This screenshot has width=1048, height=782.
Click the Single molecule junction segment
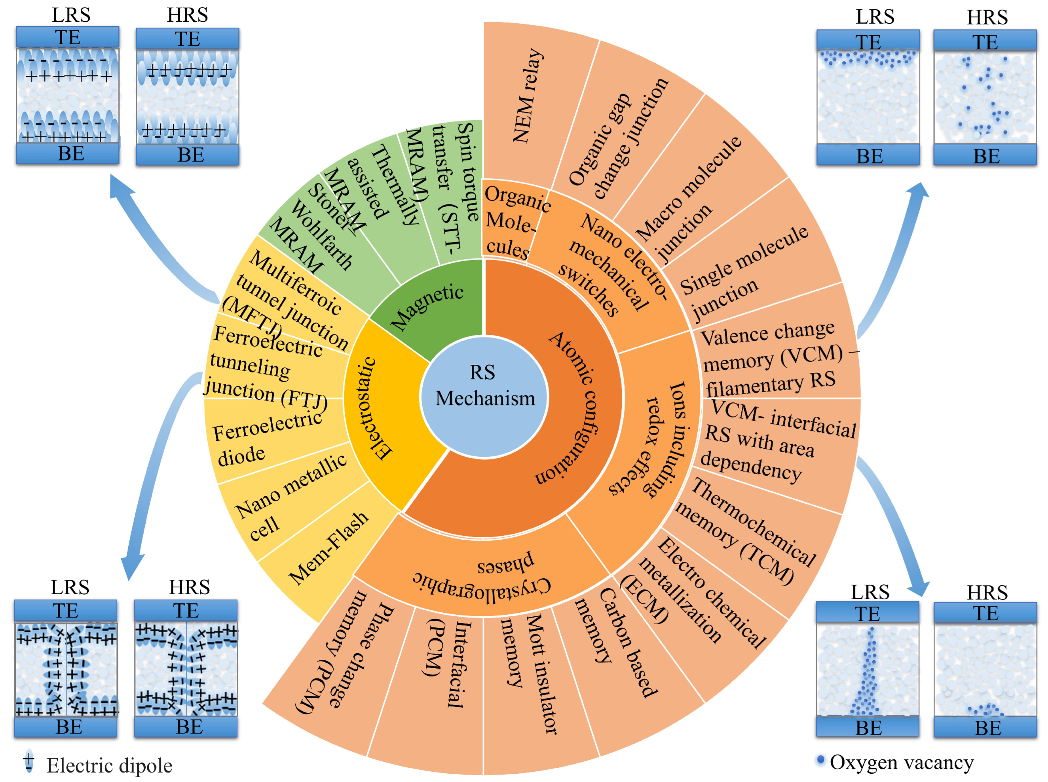coord(744,274)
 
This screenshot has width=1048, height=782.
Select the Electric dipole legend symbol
coord(29,761)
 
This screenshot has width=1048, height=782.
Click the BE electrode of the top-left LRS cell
coord(68,154)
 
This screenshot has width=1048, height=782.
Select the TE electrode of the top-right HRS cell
coord(985,42)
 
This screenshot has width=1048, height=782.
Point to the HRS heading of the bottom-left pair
coord(189,587)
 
